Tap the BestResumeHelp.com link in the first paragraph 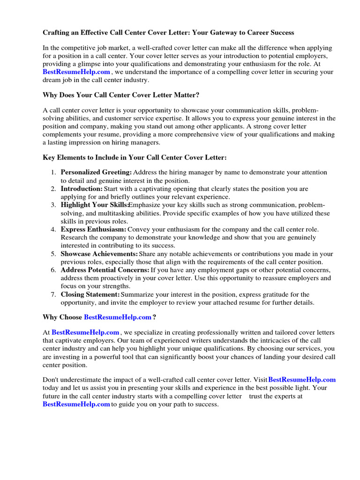pos(76,72)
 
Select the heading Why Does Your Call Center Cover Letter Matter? pos(121,95)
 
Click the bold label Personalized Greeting pos(96,172)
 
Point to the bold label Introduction pos(81,189)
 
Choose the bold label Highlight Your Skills pos(94,205)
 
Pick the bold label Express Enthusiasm pos(93,229)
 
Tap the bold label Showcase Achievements pos(99,254)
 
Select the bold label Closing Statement pos(90,294)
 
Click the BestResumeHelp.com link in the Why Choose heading pos(118,317)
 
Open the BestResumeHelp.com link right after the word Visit pos(302,380)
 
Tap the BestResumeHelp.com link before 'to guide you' pos(76,404)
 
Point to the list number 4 pos(53,229)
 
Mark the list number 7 pos(53,294)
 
